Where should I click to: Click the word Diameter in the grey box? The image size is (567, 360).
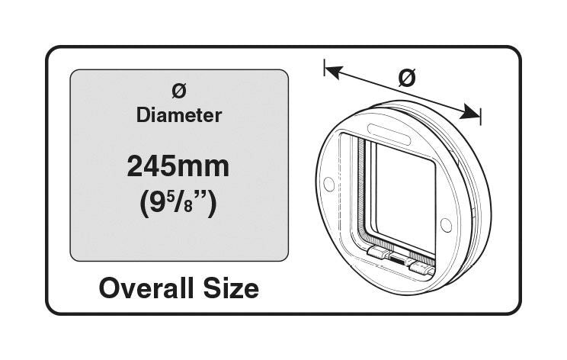click(178, 115)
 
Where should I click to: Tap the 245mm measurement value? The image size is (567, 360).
click(178, 167)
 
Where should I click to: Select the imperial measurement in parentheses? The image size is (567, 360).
click(178, 204)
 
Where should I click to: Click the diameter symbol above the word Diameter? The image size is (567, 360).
click(178, 90)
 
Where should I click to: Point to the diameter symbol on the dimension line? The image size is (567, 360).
click(408, 78)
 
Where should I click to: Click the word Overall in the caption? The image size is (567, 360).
click(144, 288)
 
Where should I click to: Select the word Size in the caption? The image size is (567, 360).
click(231, 288)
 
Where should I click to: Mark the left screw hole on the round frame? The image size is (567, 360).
click(328, 184)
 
